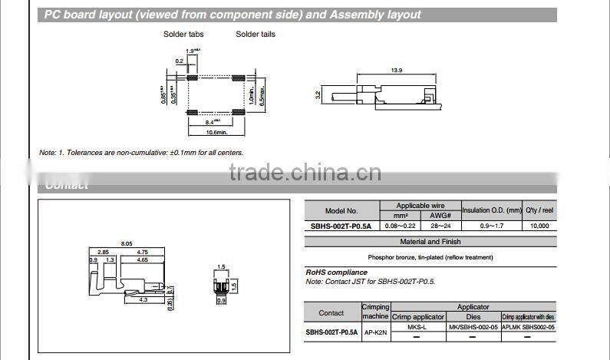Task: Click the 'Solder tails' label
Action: [x=256, y=35]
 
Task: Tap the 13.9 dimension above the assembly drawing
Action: [x=396, y=71]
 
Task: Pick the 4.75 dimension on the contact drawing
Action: [x=142, y=252]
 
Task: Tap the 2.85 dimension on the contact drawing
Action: [x=102, y=252]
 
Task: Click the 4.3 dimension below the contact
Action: [x=121, y=299]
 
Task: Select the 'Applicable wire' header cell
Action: [x=420, y=206]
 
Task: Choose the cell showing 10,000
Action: [x=539, y=226]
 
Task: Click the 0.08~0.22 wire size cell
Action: [x=400, y=226]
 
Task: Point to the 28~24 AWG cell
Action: [x=440, y=226]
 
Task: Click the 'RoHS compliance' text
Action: [x=336, y=272]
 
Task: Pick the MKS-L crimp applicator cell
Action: [x=418, y=327]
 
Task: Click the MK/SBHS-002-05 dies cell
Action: [x=473, y=327]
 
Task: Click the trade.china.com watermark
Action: [x=305, y=172]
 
